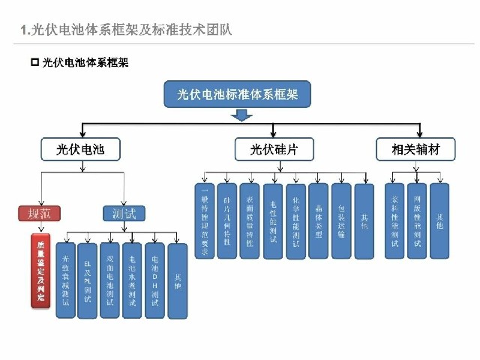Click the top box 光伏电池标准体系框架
pyautogui.click(x=238, y=94)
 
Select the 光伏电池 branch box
pyautogui.click(x=71, y=150)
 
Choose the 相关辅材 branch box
pyautogui.click(x=415, y=150)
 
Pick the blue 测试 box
pyautogui.click(x=124, y=213)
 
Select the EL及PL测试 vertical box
pyautogui.click(x=88, y=280)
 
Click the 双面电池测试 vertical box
pyautogui.click(x=109, y=280)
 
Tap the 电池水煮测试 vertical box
pyautogui.click(x=132, y=280)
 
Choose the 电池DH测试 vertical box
pyautogui.click(x=154, y=280)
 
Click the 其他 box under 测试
pyautogui.click(x=177, y=280)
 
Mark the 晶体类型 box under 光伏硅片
pyautogui.click(x=319, y=221)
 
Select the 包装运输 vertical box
pyautogui.click(x=341, y=221)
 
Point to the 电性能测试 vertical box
pyautogui.click(x=273, y=221)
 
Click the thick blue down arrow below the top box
pyautogui.click(x=241, y=115)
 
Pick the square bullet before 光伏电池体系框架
pyautogui.click(x=34, y=62)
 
